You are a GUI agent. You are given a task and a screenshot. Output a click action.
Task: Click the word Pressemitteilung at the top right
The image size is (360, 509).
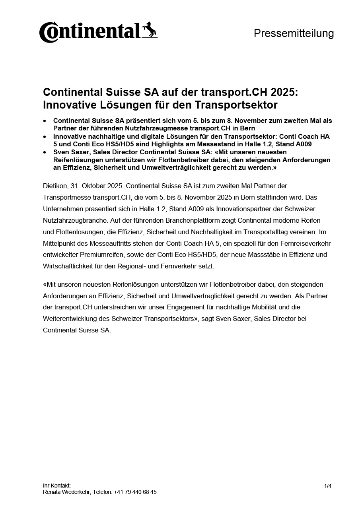294,33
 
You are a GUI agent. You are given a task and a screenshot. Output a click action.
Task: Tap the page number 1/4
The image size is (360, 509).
328,486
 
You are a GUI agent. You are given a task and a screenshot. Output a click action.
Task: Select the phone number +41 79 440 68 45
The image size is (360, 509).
135,492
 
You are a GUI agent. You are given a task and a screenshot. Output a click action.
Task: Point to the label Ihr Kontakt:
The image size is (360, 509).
56,486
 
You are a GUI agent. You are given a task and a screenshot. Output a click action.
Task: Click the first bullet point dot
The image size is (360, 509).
45,120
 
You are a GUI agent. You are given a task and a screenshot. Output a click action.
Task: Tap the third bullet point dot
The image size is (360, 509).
45,152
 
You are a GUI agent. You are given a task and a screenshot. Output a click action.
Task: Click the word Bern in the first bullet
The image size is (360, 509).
247,128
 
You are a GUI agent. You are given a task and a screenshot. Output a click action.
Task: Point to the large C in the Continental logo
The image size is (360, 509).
48,33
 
